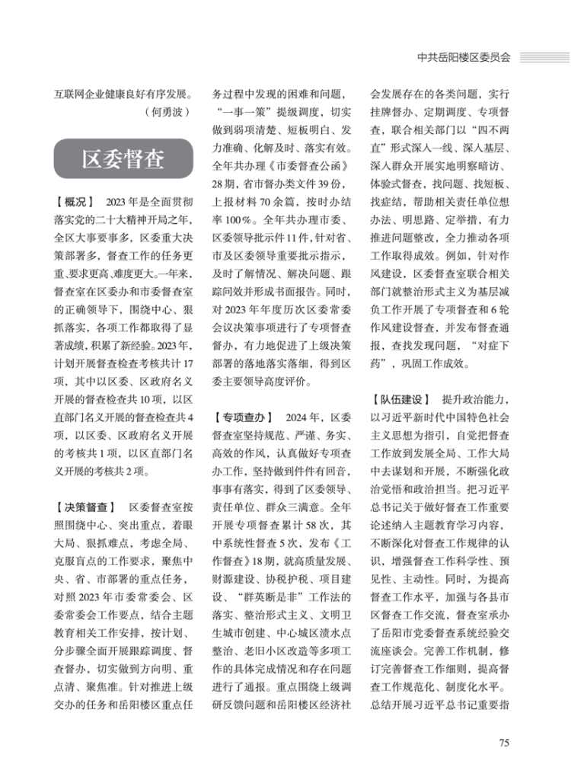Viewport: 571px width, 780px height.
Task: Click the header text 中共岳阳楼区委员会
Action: coord(464,56)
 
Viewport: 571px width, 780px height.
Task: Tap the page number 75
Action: coord(503,743)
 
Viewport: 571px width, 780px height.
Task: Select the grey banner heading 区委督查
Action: coord(123,159)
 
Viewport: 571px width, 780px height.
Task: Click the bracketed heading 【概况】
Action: coord(74,202)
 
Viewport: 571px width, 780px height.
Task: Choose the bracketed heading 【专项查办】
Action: coord(241,417)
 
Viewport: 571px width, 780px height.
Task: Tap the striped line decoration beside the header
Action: coord(544,56)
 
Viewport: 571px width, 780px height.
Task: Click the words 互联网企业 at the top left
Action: coord(83,95)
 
